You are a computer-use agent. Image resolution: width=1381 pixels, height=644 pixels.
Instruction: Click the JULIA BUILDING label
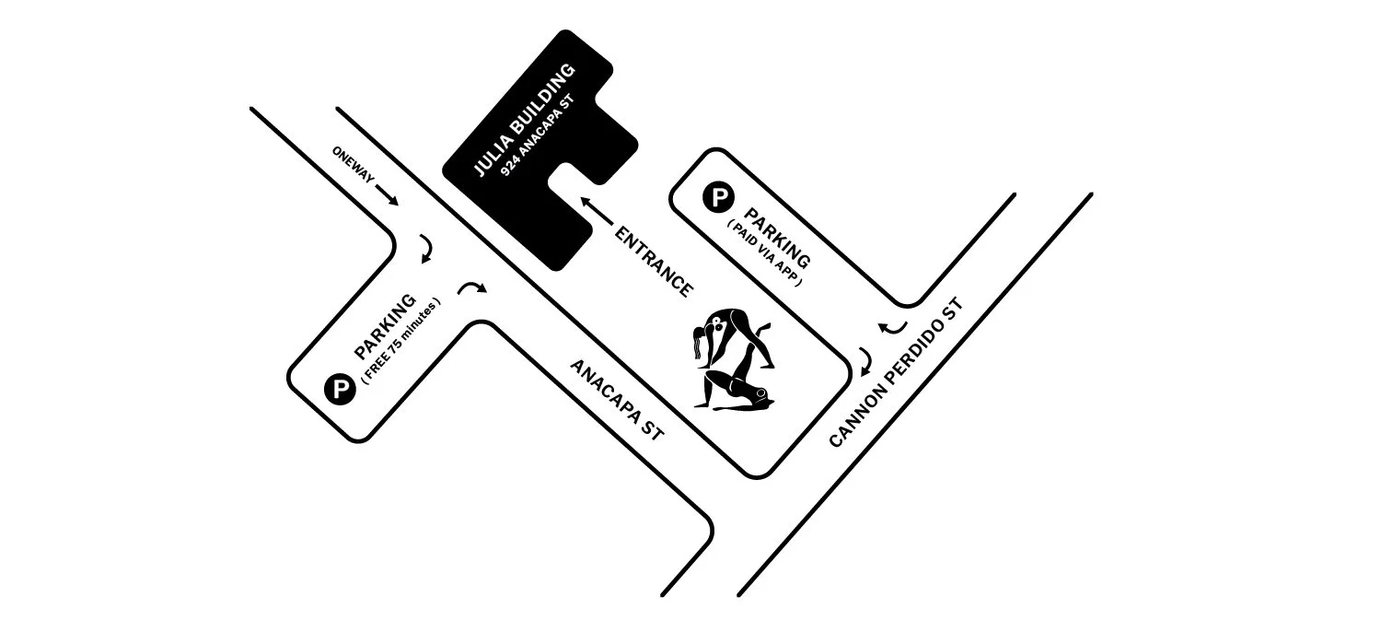click(524, 119)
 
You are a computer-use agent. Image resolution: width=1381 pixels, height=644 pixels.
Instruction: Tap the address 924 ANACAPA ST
click(537, 135)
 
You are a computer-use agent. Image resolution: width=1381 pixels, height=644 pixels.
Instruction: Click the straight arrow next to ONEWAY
click(388, 194)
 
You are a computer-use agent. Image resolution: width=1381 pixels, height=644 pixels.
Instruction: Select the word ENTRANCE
click(654, 262)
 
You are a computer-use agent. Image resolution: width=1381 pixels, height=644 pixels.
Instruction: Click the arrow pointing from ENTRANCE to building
click(597, 211)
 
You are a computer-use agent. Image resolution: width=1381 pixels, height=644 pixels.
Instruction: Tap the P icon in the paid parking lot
click(718, 197)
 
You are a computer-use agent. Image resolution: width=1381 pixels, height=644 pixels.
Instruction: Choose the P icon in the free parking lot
click(340, 389)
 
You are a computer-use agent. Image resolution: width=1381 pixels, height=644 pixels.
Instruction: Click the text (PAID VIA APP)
click(765, 253)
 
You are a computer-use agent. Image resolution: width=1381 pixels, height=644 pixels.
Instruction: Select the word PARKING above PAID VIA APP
click(777, 238)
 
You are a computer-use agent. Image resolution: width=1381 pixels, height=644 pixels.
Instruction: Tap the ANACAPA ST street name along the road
click(617, 400)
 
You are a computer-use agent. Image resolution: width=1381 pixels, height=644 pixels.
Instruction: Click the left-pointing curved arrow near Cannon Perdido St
click(892, 328)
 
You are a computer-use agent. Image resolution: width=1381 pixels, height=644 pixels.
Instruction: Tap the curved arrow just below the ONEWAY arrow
click(427, 249)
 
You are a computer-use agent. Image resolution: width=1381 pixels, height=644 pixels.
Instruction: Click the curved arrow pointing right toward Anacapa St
click(472, 287)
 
